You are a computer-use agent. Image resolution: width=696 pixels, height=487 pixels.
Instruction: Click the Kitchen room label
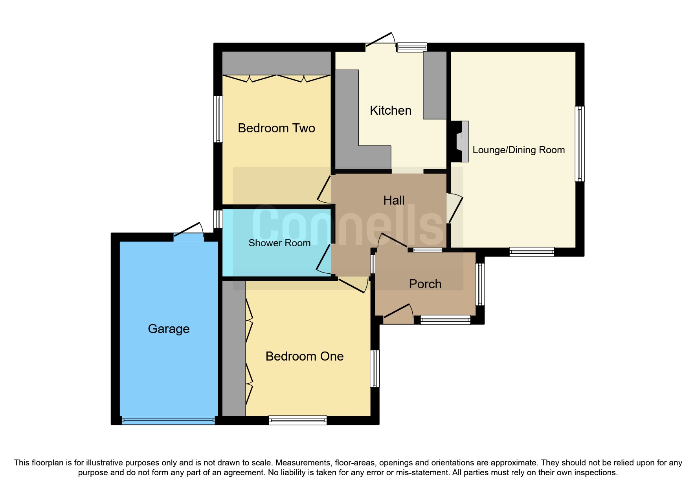(390, 110)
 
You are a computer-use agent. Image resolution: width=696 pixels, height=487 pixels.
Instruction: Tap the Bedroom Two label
(276, 128)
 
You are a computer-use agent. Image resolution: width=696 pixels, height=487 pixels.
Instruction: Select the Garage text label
(169, 329)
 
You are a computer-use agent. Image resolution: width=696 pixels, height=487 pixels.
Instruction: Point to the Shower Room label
(279, 243)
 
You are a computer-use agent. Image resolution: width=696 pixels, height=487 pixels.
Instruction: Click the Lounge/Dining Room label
(518, 150)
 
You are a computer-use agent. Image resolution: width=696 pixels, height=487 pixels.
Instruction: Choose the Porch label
(425, 284)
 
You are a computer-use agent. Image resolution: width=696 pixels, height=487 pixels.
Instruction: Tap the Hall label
(394, 200)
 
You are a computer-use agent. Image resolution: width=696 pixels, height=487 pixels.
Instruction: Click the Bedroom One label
(305, 356)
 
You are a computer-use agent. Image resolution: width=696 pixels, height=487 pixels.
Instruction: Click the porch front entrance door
(398, 312)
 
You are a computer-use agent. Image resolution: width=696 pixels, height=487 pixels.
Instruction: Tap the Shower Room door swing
(323, 259)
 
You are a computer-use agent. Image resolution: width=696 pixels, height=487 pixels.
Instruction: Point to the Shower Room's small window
(218, 219)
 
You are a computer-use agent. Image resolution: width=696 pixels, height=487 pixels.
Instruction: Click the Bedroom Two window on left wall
(218, 119)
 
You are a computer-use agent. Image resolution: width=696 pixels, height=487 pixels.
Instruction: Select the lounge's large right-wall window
(579, 144)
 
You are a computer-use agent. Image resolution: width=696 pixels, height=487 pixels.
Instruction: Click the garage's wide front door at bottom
(169, 420)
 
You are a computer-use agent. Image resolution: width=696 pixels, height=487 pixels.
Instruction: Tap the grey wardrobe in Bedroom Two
(276, 63)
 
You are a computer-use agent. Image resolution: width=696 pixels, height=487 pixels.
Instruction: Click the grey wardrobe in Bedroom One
(234, 348)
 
